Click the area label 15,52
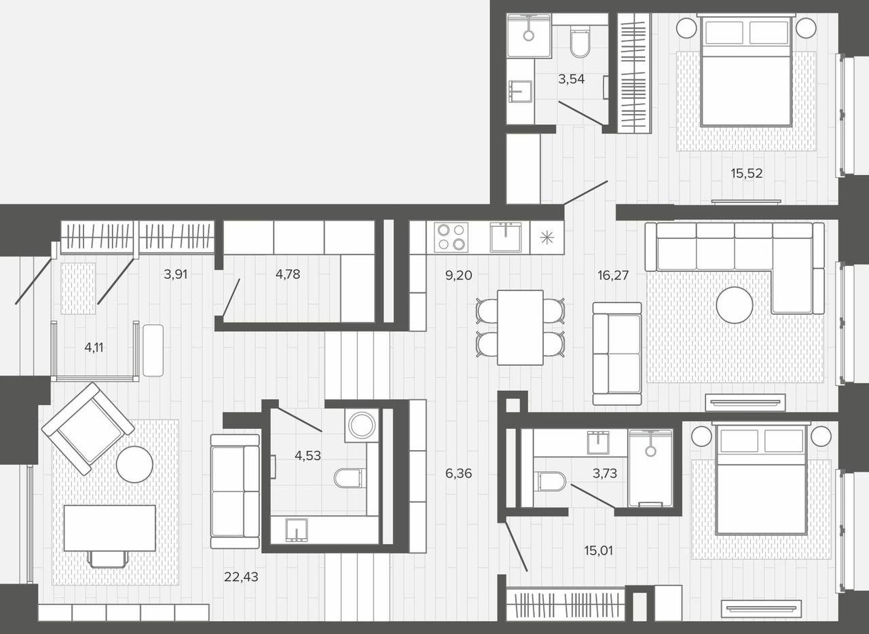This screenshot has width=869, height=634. [746, 173]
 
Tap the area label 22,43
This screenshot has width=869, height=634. [241, 576]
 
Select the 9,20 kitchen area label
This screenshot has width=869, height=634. [458, 275]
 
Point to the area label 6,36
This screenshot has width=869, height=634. [458, 473]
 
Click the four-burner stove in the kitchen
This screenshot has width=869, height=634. [451, 237]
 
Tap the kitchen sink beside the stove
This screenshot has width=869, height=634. [506, 237]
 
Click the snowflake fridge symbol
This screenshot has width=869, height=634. [547, 238]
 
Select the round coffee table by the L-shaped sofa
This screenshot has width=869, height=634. [735, 305]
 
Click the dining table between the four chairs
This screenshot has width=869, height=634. [520, 327]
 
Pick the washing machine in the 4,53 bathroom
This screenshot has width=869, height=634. [362, 425]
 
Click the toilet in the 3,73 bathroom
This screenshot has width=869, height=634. [550, 481]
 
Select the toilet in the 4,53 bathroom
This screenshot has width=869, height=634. [350, 478]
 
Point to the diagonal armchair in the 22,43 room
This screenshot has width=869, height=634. [88, 428]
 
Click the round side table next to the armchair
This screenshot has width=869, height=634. [134, 464]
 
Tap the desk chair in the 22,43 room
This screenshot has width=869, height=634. [108, 559]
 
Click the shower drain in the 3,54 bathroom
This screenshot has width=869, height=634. [528, 36]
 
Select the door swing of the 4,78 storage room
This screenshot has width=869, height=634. [232, 297]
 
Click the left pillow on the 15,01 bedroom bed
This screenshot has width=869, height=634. [739, 441]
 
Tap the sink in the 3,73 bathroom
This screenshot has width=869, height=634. [598, 442]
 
